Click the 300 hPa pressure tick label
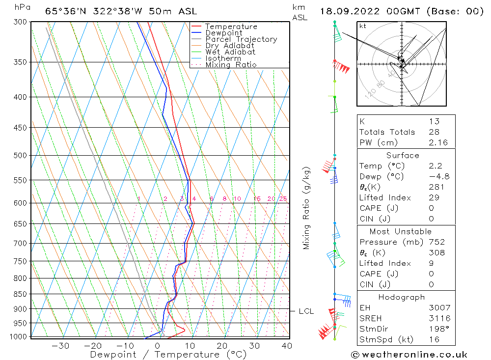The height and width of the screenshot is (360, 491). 21,22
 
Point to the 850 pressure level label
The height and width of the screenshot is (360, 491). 21,294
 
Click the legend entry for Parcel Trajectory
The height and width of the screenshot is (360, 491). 241,39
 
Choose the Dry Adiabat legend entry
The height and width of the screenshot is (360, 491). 230,46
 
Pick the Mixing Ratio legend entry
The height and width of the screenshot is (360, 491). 231,65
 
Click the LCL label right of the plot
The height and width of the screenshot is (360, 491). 306,311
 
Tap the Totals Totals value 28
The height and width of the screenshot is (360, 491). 434,132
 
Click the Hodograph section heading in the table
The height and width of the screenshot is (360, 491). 402,297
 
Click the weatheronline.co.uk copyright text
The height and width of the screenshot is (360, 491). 409,355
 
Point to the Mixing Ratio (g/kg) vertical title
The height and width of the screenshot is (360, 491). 307,208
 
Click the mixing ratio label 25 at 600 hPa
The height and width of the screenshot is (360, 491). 283,199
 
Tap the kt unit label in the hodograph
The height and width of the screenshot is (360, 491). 363,26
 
